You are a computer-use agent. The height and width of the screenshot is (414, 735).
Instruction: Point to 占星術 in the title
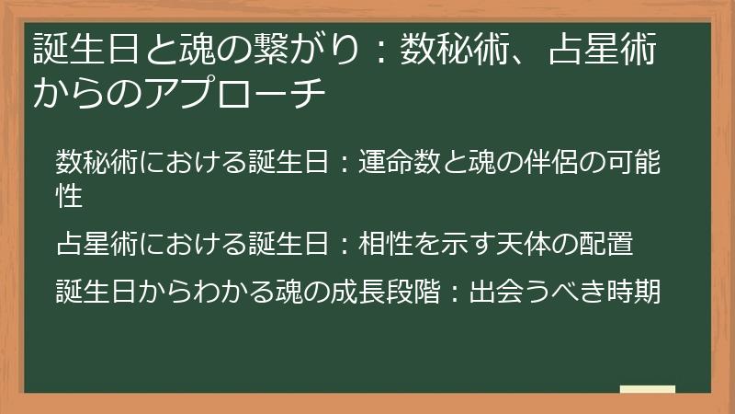pos(603,50)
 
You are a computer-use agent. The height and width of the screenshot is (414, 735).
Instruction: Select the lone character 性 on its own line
pos(70,195)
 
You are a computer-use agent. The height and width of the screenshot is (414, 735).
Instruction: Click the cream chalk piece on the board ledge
pos(648,389)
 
